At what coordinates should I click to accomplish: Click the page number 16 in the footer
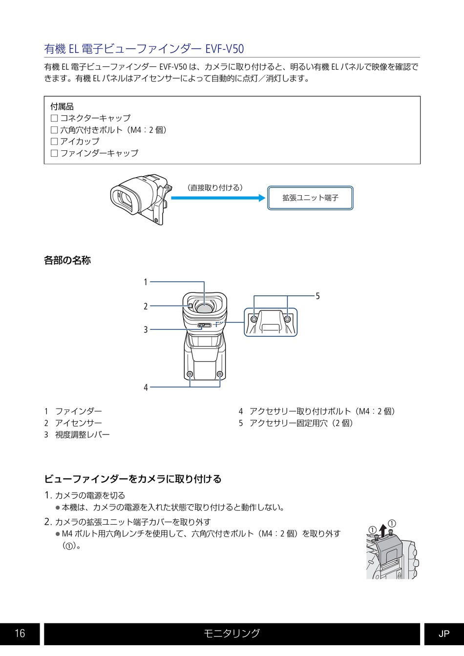click(x=20, y=633)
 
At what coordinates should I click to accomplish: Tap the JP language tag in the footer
click(x=444, y=634)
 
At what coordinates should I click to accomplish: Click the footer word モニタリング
click(x=232, y=633)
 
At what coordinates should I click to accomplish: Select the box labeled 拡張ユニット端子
click(x=310, y=198)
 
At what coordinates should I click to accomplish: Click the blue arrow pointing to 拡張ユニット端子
click(x=218, y=198)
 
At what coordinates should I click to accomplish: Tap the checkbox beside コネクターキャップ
click(x=54, y=118)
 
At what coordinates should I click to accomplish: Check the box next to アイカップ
click(x=54, y=142)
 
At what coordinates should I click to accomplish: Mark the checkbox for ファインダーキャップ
click(x=54, y=153)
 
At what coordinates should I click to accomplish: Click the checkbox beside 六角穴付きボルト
click(x=54, y=130)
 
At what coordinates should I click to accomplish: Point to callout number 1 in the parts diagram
click(x=146, y=282)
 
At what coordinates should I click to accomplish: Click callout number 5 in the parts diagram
click(x=317, y=296)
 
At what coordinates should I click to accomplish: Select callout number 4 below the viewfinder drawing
click(x=146, y=388)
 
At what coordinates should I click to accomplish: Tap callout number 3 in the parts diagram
click(x=146, y=329)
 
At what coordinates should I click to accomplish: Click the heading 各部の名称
click(x=67, y=260)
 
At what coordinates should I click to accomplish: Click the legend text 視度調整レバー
click(x=83, y=434)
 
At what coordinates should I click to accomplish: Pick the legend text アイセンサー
click(x=79, y=423)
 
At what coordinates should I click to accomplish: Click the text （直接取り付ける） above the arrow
click(x=215, y=188)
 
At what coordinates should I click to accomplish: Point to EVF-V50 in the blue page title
click(x=225, y=49)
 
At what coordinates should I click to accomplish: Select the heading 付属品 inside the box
click(x=62, y=106)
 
